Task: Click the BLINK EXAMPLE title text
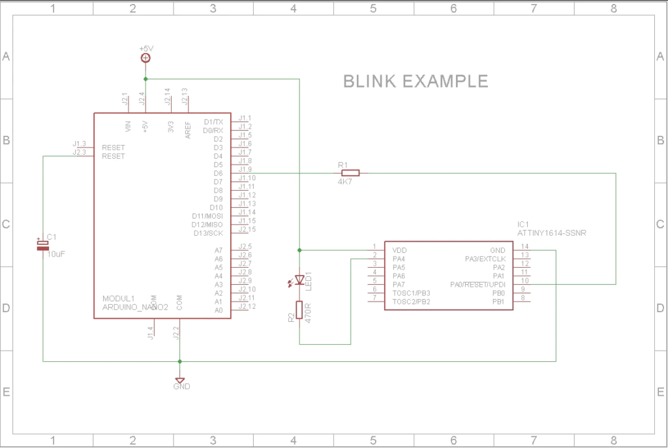416,82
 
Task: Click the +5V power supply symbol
145,58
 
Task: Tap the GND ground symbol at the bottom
180,380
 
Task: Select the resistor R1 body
350,173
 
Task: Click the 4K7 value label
346,182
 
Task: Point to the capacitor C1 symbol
42,246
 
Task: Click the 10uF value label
56,254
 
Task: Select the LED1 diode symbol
299,280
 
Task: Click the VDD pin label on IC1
399,250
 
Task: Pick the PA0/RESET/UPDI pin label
478,285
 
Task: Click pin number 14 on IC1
524,246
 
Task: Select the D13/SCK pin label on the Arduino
208,233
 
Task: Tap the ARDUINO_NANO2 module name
135,306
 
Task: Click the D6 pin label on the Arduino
218,173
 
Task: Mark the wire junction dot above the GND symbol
180,361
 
